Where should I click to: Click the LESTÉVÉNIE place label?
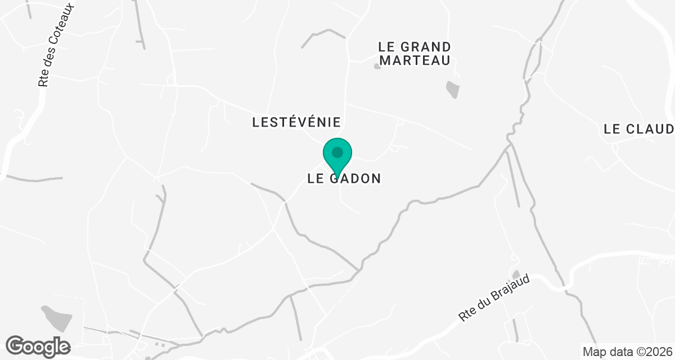tap(297, 121)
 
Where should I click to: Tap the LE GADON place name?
tap(344, 178)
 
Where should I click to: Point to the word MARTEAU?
tap(414, 60)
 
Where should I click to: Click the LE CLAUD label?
tap(638, 129)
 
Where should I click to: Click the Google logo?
tap(38, 346)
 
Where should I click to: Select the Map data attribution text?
tap(627, 352)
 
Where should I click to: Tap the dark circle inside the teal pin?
tap(337, 152)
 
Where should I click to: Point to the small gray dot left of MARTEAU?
tap(377, 66)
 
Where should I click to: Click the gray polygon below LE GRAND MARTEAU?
tap(452, 89)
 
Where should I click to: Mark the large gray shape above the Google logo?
tap(56, 317)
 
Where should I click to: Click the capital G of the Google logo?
tap(16, 345)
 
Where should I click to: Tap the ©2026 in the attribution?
tap(655, 352)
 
